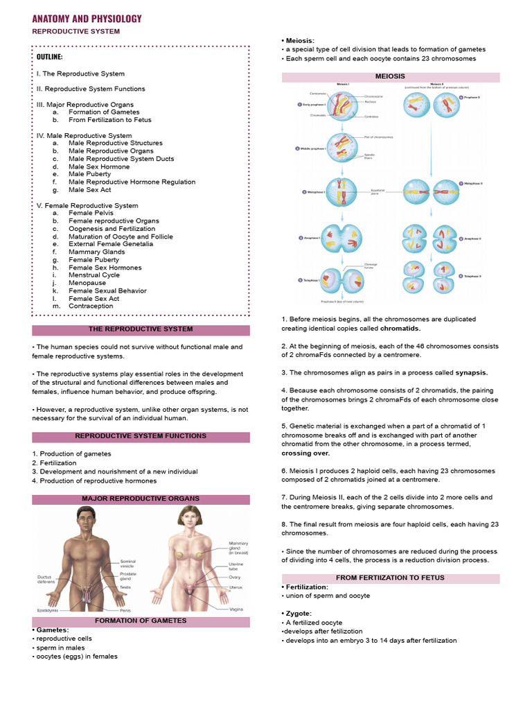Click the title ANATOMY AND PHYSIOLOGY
point(87,19)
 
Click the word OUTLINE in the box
point(50,57)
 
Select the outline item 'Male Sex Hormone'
point(99,166)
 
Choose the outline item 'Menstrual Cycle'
point(94,275)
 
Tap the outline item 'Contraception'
point(91,306)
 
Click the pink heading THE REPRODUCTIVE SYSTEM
point(141,329)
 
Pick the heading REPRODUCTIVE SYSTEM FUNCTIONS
point(141,436)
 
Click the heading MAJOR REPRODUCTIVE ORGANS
point(141,499)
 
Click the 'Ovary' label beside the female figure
point(236,577)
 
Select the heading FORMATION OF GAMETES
point(141,621)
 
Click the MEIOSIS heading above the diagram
point(390,76)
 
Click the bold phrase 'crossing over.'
point(305,453)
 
